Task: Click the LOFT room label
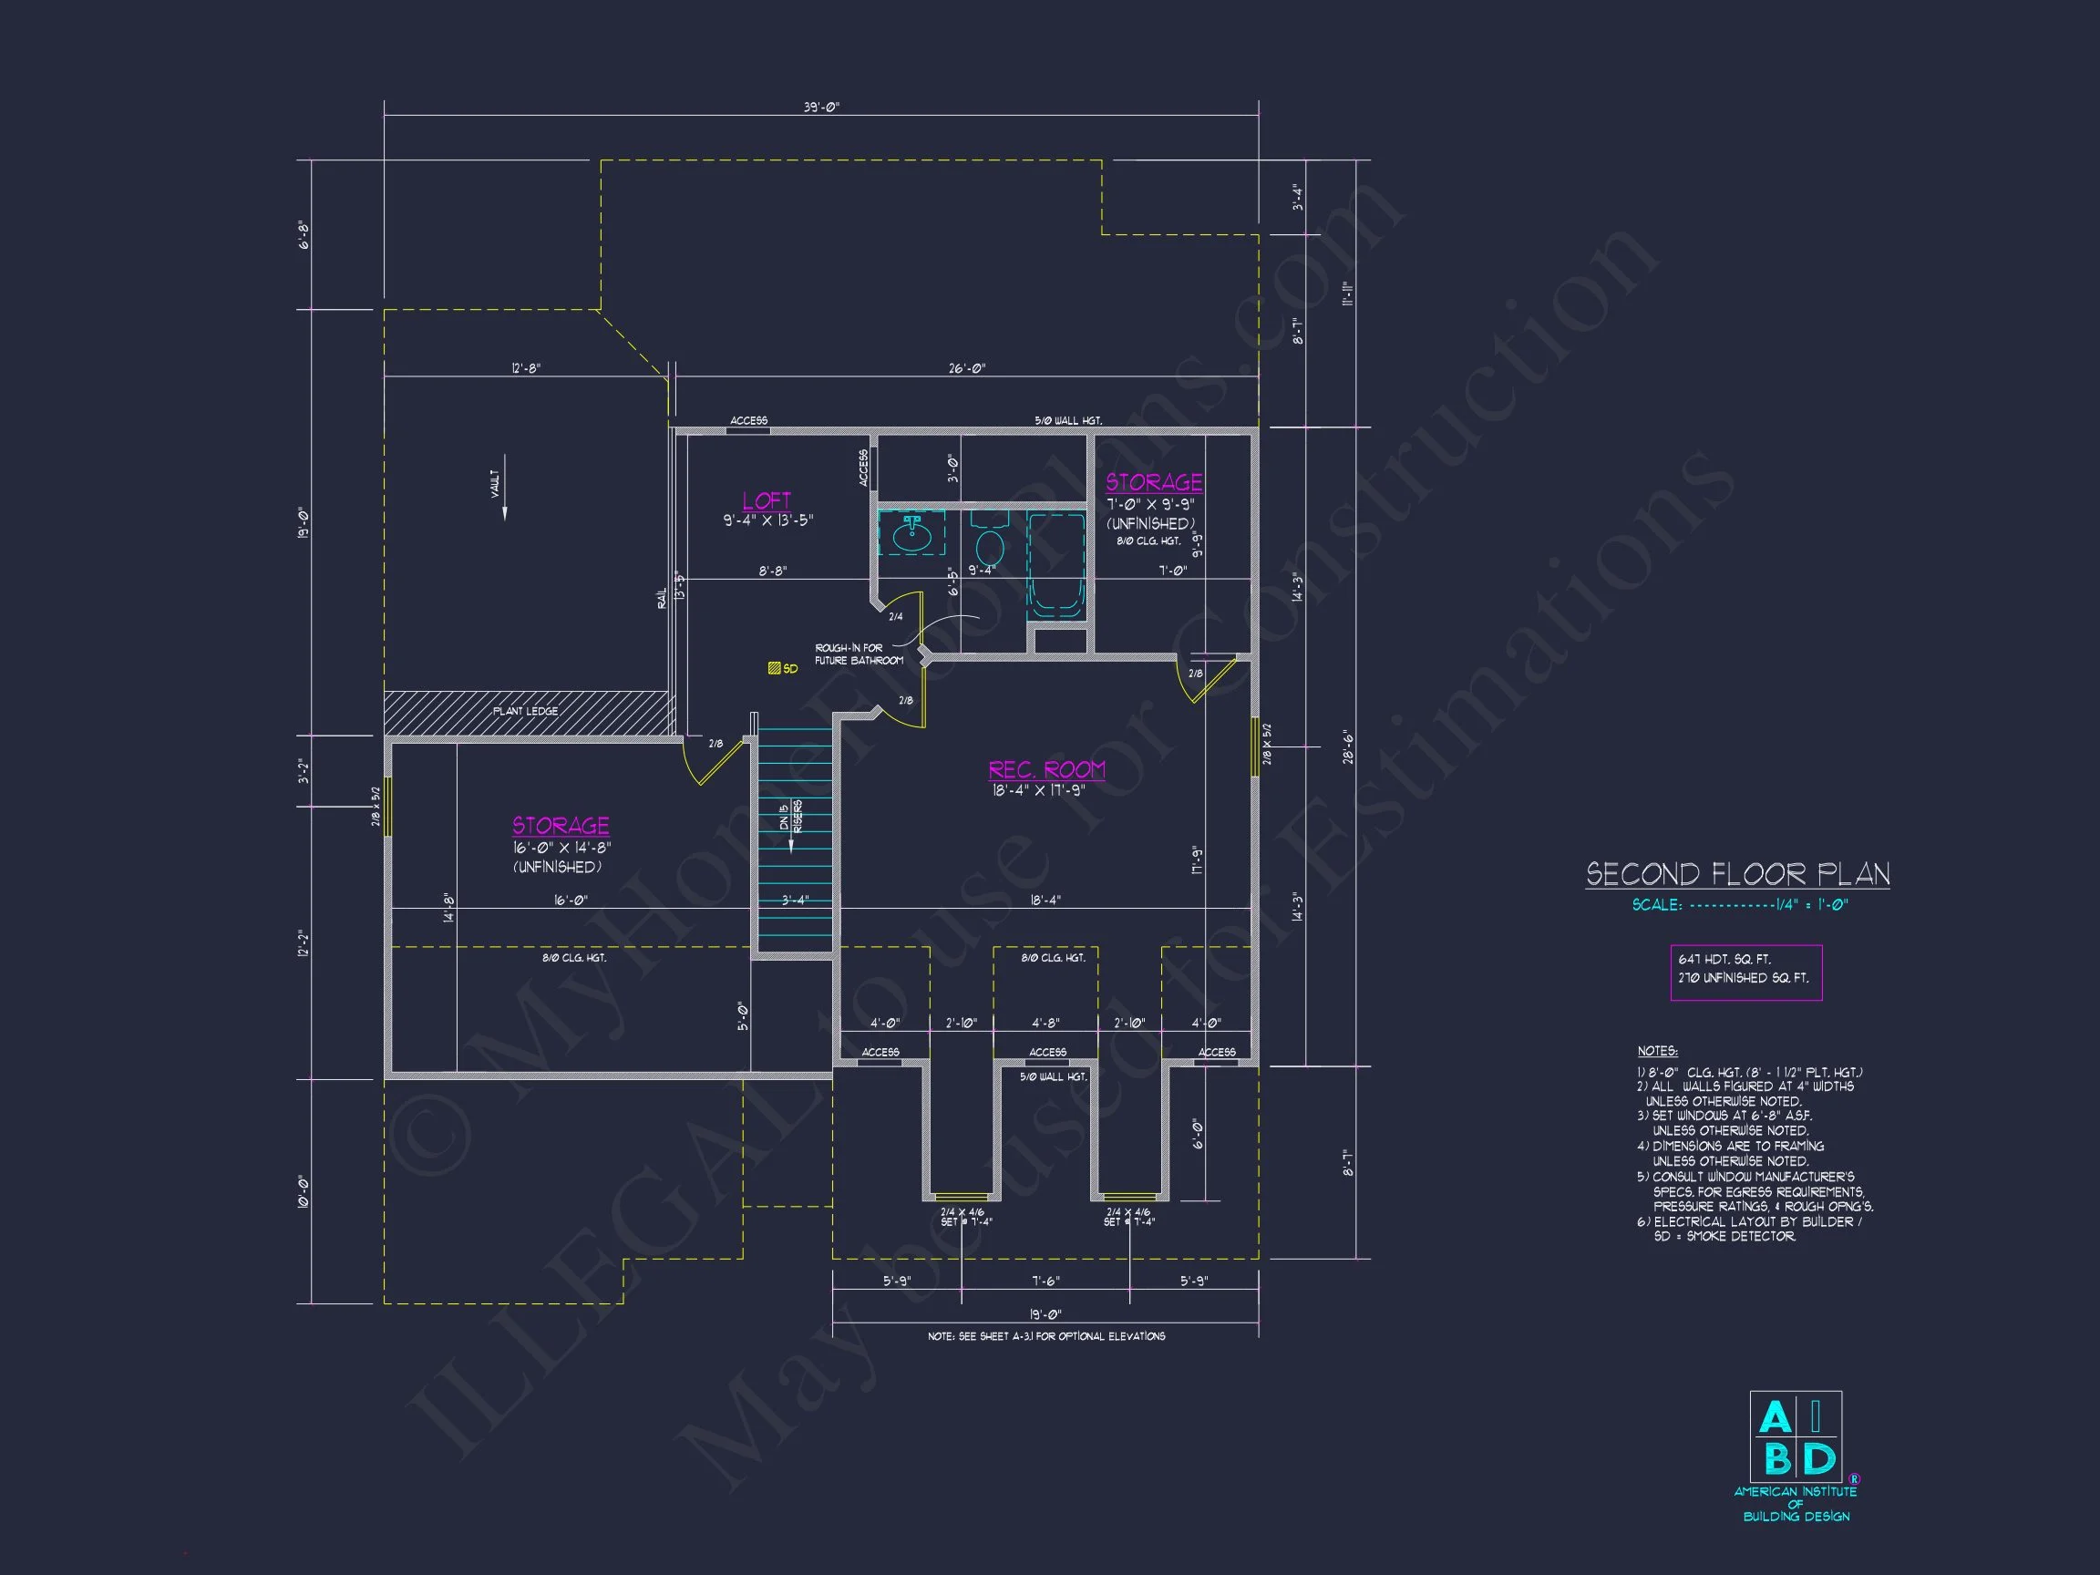(x=767, y=500)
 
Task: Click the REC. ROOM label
(x=1046, y=769)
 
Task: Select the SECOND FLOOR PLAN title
(x=1737, y=873)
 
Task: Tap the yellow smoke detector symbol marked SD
(x=775, y=668)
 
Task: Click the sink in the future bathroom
(x=911, y=533)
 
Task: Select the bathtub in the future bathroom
(x=1055, y=565)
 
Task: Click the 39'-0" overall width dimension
(x=821, y=108)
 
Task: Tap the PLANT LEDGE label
(x=525, y=711)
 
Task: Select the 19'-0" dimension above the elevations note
(x=1045, y=1314)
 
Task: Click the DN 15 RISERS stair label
(x=791, y=816)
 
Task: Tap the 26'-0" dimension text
(x=966, y=368)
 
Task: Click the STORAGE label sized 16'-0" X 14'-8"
(x=561, y=825)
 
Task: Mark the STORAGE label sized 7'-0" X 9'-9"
(x=1154, y=482)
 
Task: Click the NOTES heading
(x=1657, y=1051)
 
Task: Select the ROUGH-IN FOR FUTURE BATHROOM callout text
(x=859, y=654)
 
